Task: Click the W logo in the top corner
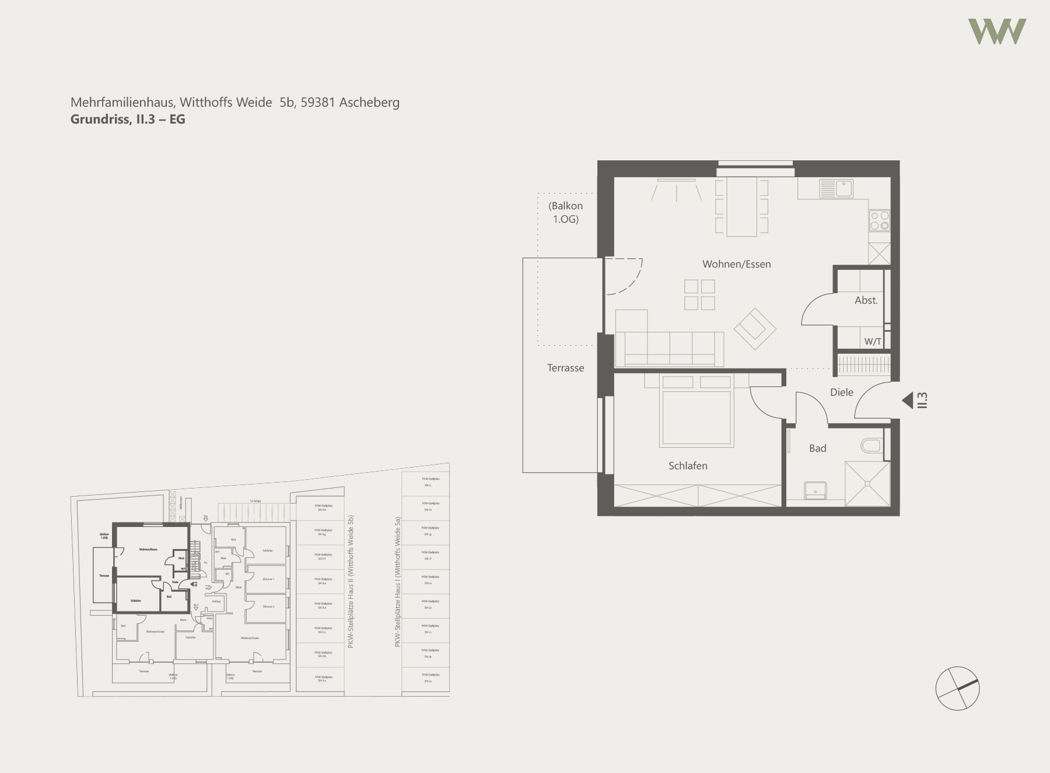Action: click(997, 31)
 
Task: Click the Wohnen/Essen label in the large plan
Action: click(736, 264)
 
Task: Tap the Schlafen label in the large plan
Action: click(688, 466)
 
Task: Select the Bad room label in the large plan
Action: click(817, 448)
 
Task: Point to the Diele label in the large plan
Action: click(841, 392)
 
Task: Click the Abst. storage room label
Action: click(866, 301)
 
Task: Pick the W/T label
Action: click(873, 342)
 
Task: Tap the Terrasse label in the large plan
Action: click(565, 368)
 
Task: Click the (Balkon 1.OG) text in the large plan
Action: click(565, 212)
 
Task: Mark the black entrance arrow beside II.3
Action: click(908, 400)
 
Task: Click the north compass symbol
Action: click(957, 688)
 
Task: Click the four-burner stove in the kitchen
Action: click(880, 220)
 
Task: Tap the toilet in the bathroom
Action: click(871, 446)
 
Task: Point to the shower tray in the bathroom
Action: click(867, 483)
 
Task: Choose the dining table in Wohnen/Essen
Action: click(741, 206)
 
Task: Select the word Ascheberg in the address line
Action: click(369, 103)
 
